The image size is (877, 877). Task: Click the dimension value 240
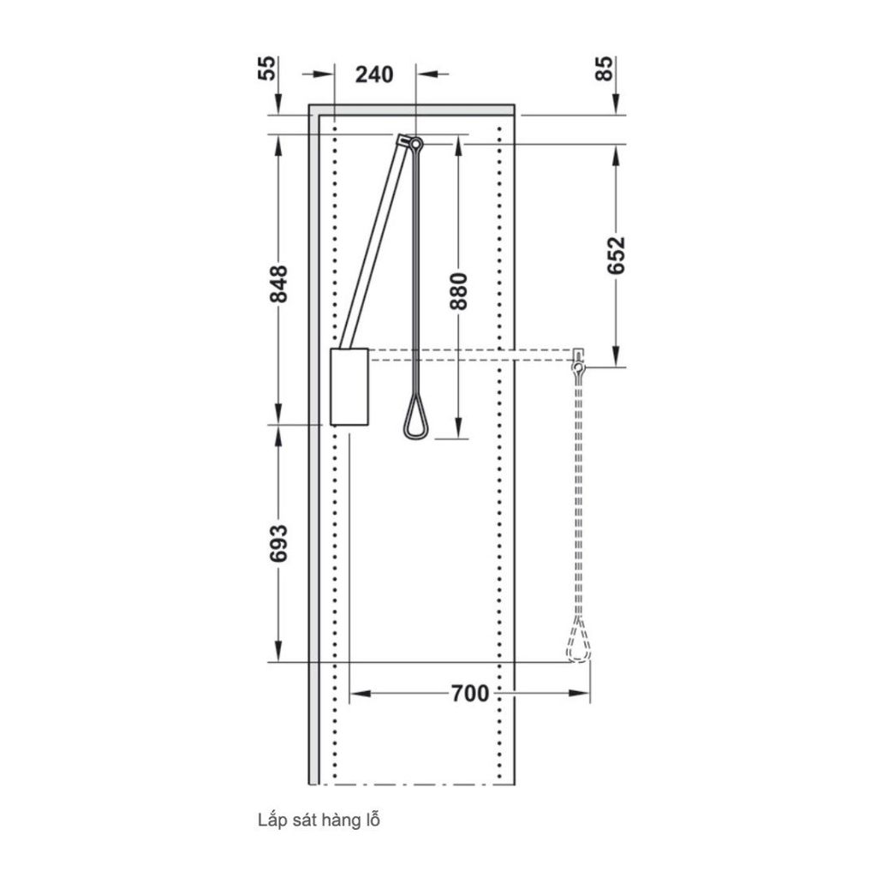click(374, 75)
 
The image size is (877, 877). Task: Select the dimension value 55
click(268, 69)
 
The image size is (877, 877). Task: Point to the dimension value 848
click(278, 283)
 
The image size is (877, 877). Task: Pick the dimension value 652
click(616, 254)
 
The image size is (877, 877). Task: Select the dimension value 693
click(278, 543)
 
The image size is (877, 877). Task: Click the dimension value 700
click(469, 693)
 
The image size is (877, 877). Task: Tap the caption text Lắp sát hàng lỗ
click(319, 820)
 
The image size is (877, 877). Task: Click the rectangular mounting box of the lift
click(349, 386)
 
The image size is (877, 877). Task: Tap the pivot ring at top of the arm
click(415, 143)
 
